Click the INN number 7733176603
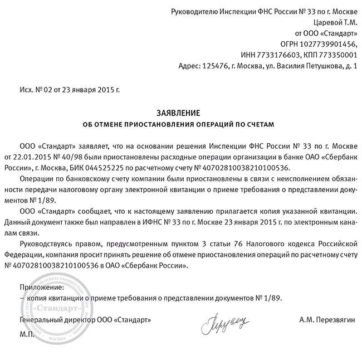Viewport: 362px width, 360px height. pyautogui.click(x=283, y=55)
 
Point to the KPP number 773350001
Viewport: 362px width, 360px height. pyautogui.click(x=336, y=55)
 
